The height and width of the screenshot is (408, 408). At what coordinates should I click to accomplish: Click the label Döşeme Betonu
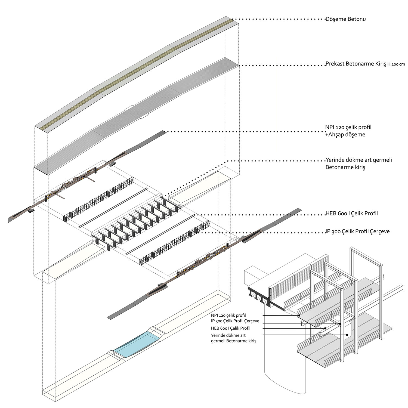[x=345, y=19]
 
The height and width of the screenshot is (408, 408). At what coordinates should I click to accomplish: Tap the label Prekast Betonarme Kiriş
[x=356, y=64]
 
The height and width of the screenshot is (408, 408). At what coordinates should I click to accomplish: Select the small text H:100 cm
[x=396, y=64]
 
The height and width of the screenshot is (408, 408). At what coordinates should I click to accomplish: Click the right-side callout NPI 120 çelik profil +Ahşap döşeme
[x=348, y=131]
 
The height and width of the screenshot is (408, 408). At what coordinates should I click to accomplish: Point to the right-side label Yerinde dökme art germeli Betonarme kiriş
[x=358, y=163]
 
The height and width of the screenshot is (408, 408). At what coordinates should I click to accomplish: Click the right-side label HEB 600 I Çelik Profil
[x=351, y=214]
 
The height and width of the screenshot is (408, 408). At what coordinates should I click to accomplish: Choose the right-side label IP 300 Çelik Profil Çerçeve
[x=357, y=231]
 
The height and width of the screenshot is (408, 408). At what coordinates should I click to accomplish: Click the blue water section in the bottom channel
[x=136, y=345]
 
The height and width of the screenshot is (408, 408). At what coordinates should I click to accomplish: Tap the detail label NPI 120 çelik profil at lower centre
[x=228, y=316]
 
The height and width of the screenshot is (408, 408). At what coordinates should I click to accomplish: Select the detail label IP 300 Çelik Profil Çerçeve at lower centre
[x=235, y=321]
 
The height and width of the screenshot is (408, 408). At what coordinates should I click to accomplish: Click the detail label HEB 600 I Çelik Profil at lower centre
[x=230, y=328]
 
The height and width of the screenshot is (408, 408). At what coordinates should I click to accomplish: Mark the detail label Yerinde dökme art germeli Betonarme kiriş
[x=233, y=338]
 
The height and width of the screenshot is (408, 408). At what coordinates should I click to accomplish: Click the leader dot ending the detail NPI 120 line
[x=299, y=316]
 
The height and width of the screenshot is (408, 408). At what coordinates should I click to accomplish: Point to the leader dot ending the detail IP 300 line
[x=340, y=324]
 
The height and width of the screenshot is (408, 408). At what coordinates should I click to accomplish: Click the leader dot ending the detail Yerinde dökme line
[x=347, y=335]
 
